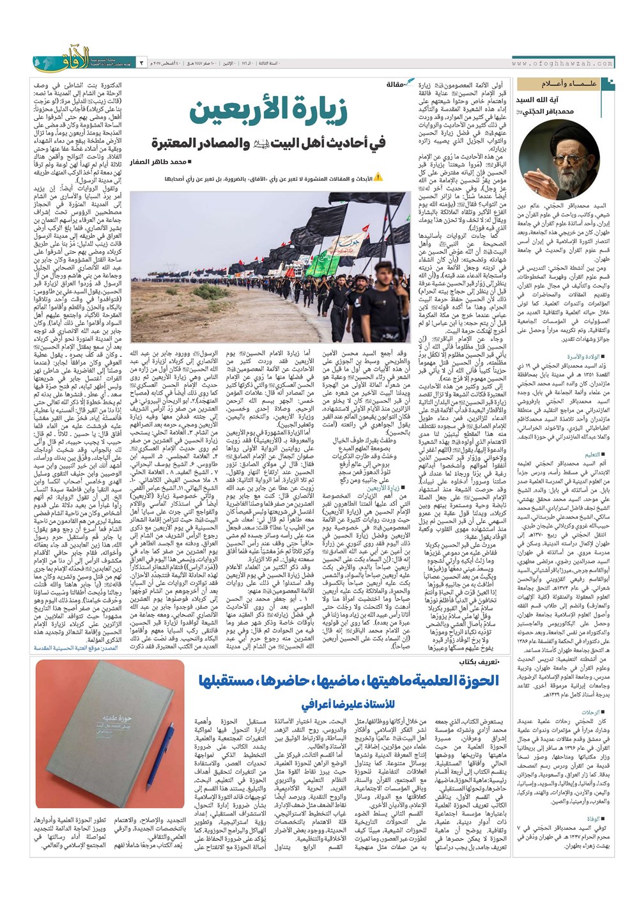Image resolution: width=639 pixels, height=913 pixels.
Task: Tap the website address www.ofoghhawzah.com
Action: tap(562, 64)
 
